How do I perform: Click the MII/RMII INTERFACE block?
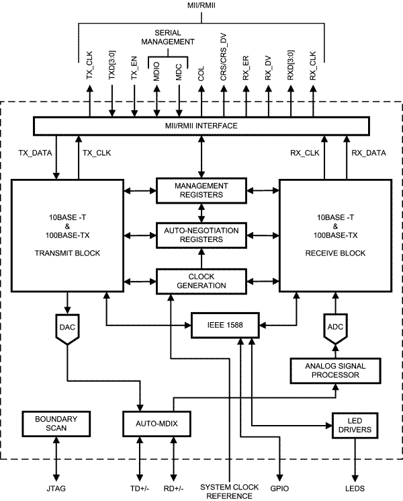coord(201,126)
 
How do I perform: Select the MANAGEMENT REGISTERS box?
coord(201,190)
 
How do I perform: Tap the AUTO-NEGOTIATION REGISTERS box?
coord(201,235)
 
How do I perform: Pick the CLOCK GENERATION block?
coord(201,280)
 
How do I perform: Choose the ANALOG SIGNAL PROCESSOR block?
coord(334,371)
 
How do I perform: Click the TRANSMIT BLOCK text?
coord(67,254)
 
